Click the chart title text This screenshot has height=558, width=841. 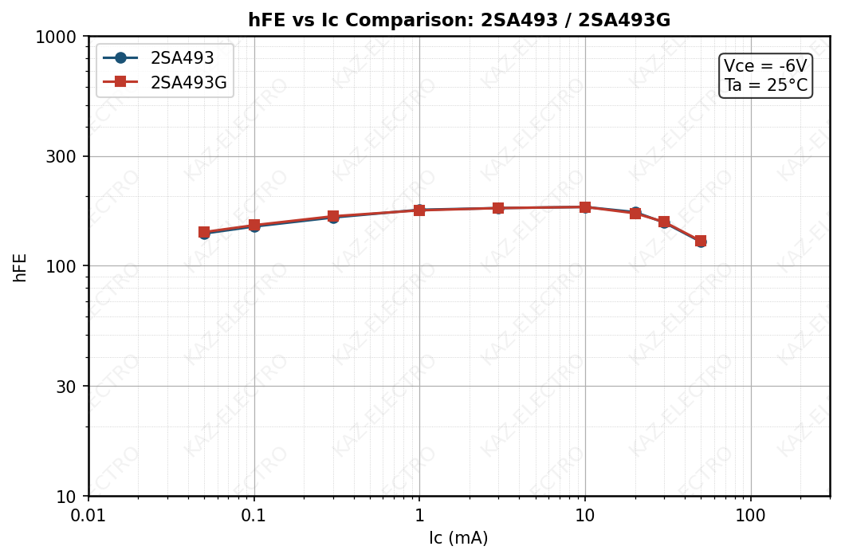point(458,21)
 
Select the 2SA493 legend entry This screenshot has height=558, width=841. point(182,58)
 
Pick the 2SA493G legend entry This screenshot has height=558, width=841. point(188,82)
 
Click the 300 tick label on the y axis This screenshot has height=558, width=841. point(62,156)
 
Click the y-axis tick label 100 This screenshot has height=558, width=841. point(62,266)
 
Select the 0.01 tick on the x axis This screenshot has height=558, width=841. point(88,516)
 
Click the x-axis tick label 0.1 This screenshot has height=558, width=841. point(254,516)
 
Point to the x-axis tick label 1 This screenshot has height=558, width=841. point(419,516)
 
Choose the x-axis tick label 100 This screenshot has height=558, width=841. point(750,516)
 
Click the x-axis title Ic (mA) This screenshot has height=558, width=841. point(458,539)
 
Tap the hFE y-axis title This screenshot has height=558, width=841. point(21,267)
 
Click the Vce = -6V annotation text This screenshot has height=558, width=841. point(765,66)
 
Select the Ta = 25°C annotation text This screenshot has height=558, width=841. point(765,86)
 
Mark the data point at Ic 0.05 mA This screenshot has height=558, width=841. point(204,232)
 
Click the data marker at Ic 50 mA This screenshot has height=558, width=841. point(700,241)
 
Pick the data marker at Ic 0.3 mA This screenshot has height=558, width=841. point(333,217)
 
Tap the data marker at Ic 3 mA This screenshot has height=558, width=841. point(498,208)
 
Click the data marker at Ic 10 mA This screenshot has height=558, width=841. point(585,207)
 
